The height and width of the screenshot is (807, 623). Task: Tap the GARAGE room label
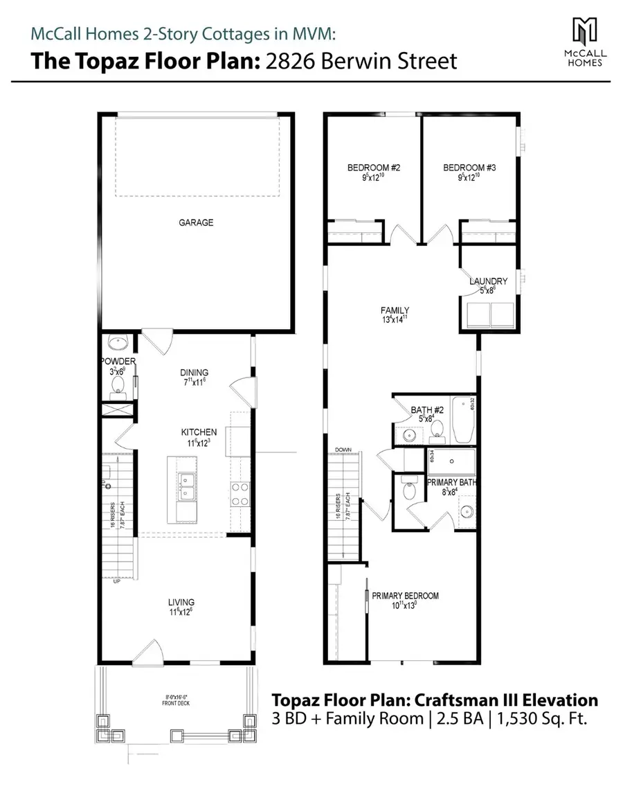pyautogui.click(x=197, y=223)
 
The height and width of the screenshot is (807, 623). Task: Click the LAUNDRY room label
pyautogui.click(x=488, y=281)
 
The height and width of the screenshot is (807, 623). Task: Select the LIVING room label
pyautogui.click(x=181, y=602)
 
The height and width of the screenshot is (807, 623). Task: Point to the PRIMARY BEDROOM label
pyautogui.click(x=405, y=596)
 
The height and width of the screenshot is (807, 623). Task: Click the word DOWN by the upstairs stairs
pyautogui.click(x=343, y=450)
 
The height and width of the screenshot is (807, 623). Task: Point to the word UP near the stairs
pyautogui.click(x=116, y=580)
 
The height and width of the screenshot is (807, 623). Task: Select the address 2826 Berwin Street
pyautogui.click(x=370, y=62)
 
